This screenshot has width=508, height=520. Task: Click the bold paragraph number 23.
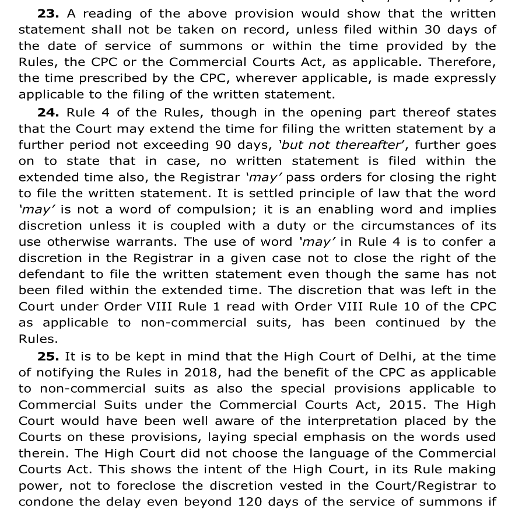click(48, 13)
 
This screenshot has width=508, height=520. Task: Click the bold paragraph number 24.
click(48, 113)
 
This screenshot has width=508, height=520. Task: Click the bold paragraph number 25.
click(48, 356)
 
